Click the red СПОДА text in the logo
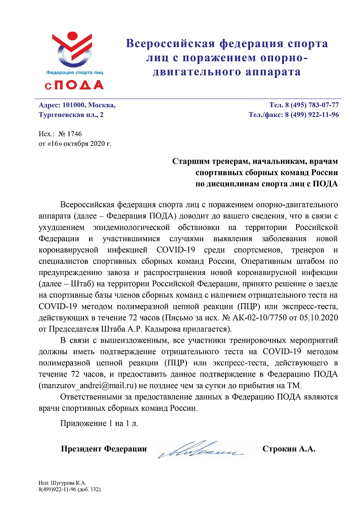point(74,85)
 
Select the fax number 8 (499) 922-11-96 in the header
point(312,115)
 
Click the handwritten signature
point(201,449)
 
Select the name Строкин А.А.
point(289,449)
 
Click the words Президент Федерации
point(104,449)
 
